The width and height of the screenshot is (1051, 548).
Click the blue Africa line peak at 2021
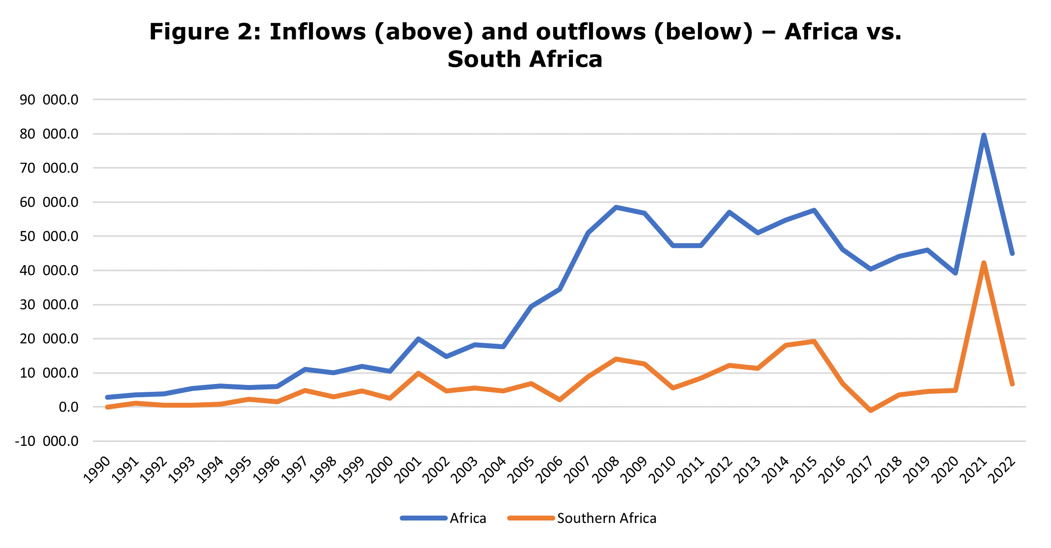pos(984,135)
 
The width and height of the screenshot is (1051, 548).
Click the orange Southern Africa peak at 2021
pos(984,263)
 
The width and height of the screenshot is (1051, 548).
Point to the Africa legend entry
pos(467,519)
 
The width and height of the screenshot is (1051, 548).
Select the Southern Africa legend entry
pos(606,519)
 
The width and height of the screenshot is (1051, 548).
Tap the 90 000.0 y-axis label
pos(49,100)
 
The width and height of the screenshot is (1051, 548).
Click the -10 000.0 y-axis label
pos(47,441)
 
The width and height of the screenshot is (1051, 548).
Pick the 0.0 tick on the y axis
pos(69,407)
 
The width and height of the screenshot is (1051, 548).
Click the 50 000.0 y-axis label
pos(49,237)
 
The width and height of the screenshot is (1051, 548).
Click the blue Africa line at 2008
pos(616,207)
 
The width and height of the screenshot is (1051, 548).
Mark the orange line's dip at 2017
pos(871,410)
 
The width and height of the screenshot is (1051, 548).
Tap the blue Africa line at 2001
pos(418,339)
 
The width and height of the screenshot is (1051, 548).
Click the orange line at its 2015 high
pos(814,341)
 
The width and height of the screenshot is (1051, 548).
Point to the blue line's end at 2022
pos(1012,253)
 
